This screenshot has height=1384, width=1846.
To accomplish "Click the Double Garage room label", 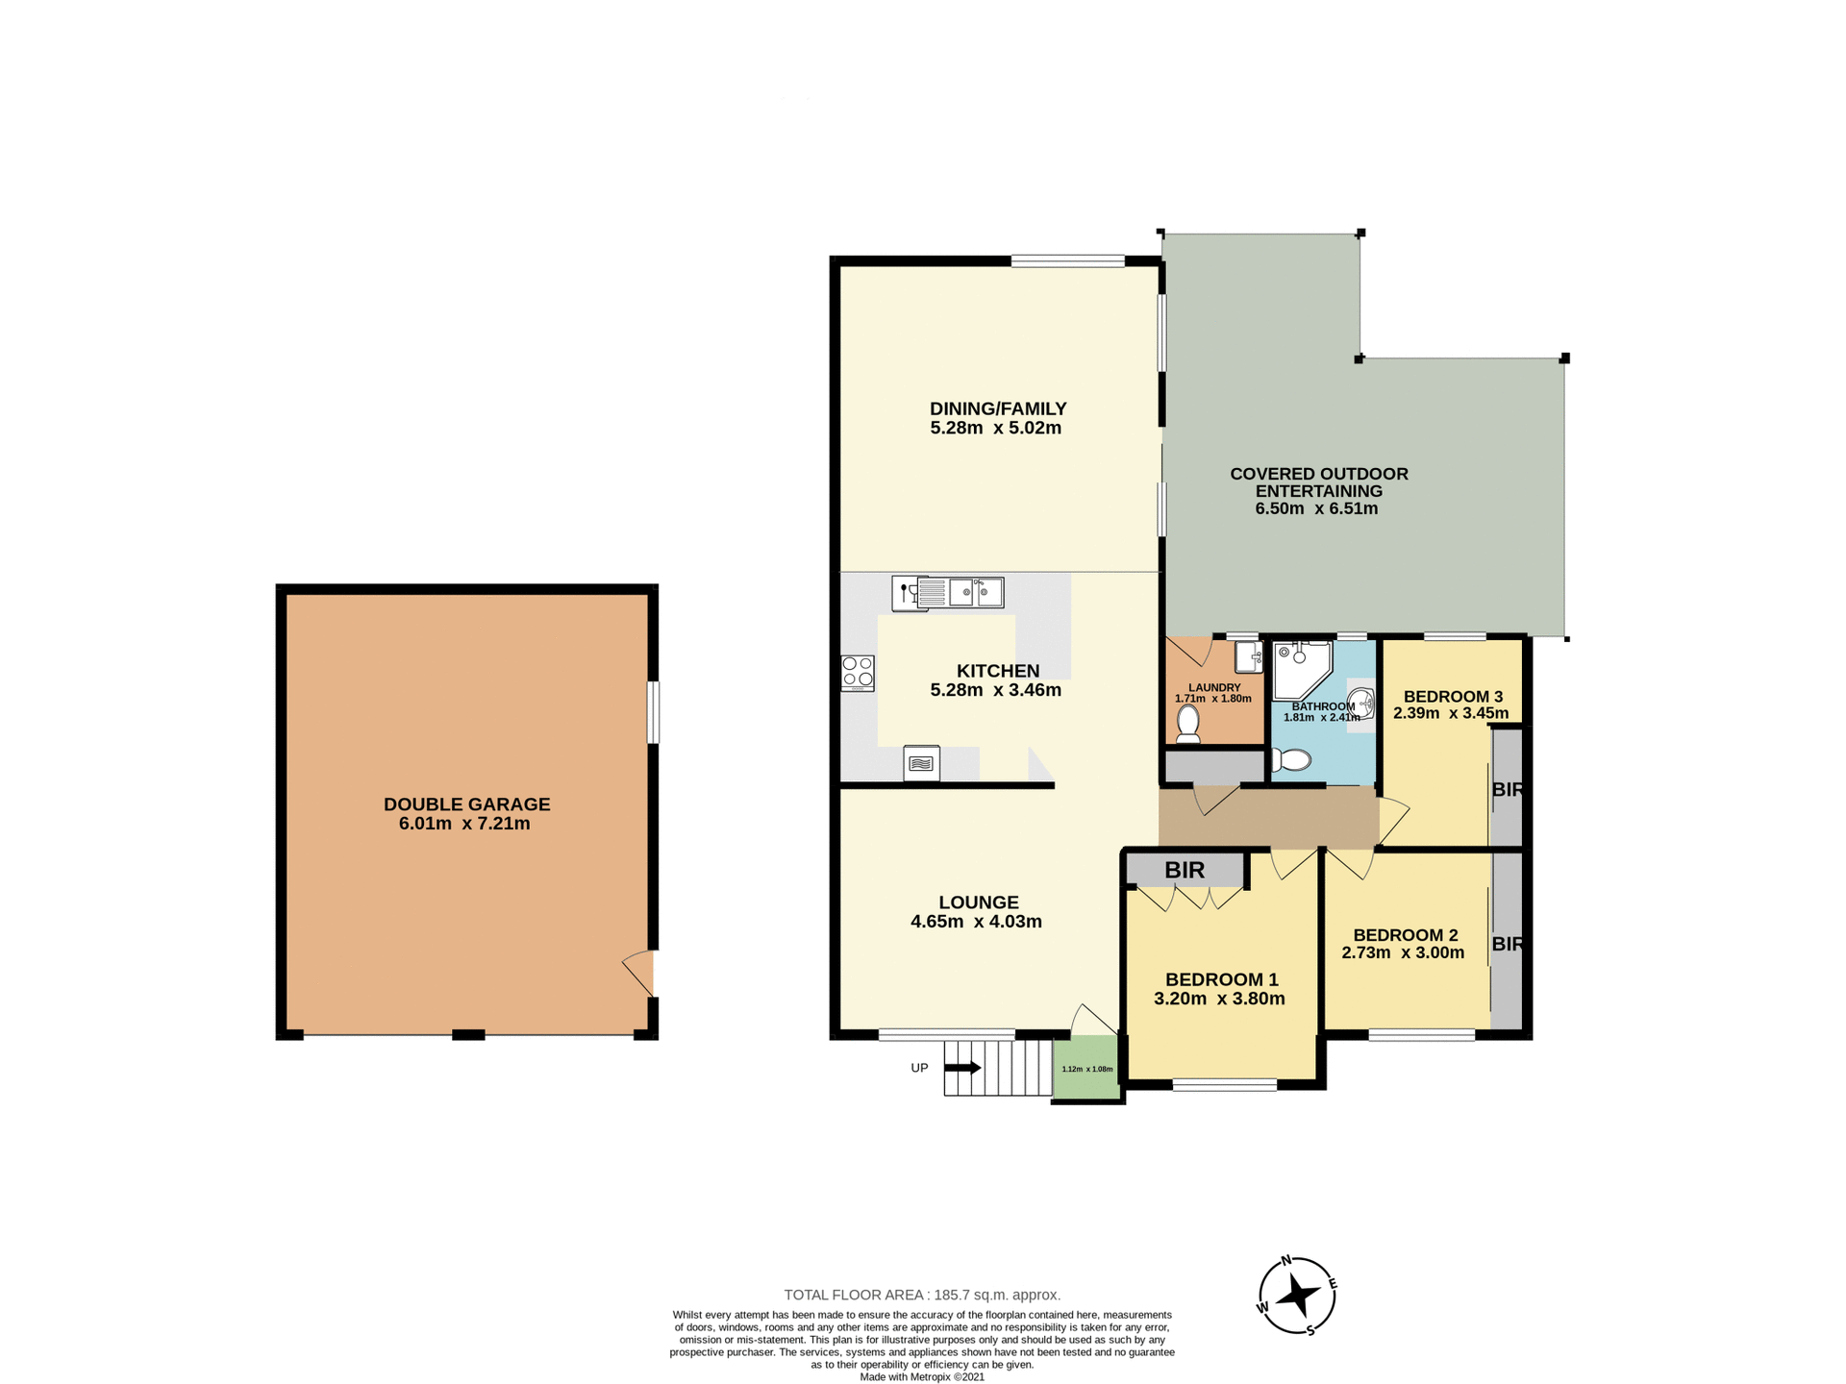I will [x=466, y=804].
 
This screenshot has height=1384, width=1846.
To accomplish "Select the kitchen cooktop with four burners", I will [x=858, y=673].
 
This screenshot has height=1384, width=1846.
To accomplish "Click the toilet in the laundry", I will [x=1188, y=723].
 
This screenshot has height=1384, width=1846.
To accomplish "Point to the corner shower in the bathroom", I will [x=1300, y=670].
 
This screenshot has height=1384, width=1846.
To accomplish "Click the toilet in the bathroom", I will [x=1292, y=760].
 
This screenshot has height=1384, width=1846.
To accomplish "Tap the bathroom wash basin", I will [x=1360, y=703].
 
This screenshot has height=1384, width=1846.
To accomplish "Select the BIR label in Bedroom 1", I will [x=1185, y=870].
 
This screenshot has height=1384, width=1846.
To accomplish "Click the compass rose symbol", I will [x=1297, y=1296].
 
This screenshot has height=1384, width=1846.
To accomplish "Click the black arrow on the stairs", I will [x=963, y=1067].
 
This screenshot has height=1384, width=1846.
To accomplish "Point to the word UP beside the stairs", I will [x=919, y=1068].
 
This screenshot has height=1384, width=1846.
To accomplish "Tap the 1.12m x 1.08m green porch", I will [x=1086, y=1068].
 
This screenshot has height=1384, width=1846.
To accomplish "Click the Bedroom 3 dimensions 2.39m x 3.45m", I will [x=1450, y=713].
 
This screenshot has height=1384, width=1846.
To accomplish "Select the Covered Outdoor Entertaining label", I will [x=1318, y=482].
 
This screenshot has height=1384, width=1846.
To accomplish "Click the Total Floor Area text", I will [x=921, y=1295].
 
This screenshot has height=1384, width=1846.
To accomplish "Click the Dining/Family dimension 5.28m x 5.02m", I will [x=995, y=428].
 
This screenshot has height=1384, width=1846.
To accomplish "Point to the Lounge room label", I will [x=978, y=902].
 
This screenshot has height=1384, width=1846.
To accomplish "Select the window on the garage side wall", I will [x=653, y=712].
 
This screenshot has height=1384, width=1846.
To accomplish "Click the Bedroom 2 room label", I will [x=1405, y=934].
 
